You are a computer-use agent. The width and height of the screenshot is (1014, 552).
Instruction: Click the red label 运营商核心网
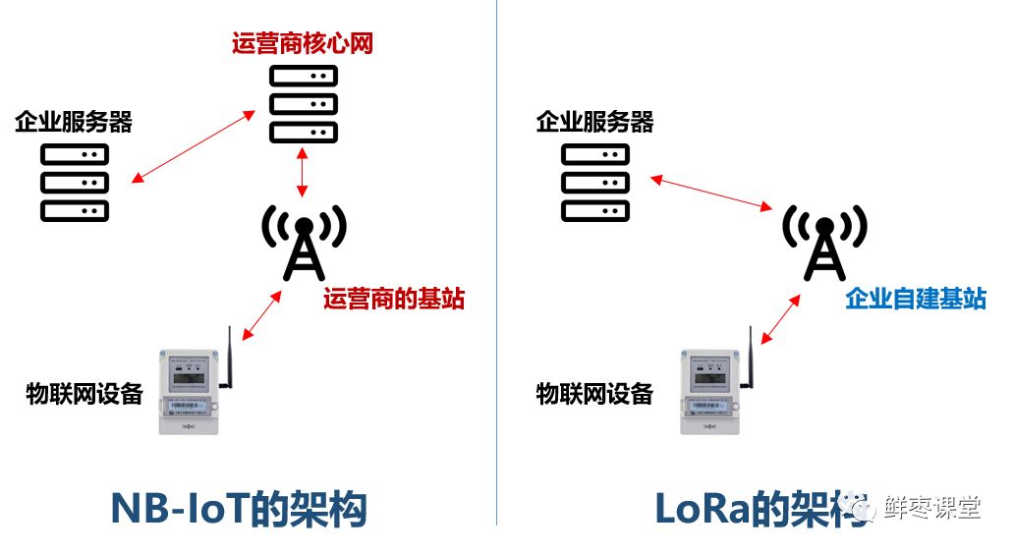pyautogui.click(x=302, y=43)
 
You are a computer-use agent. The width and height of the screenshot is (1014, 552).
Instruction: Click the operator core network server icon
pyautogui.click(x=303, y=104)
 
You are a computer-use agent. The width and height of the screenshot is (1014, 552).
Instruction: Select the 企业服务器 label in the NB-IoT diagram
pyautogui.click(x=74, y=122)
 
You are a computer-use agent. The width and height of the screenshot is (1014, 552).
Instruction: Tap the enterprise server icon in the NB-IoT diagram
pyautogui.click(x=75, y=183)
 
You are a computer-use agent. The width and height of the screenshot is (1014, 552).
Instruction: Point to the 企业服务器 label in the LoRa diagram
pyautogui.click(x=594, y=122)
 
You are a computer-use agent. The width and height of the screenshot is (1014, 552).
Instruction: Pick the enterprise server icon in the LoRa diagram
pyautogui.click(x=595, y=183)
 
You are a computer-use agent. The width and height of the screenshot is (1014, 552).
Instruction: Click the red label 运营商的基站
pyautogui.click(x=394, y=299)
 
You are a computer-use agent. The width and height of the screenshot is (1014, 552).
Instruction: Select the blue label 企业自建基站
pyautogui.click(x=915, y=299)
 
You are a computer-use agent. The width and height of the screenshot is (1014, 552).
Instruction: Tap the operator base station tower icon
pyautogui.click(x=304, y=242)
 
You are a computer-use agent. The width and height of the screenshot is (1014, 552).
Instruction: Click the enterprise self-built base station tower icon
pyautogui.click(x=824, y=242)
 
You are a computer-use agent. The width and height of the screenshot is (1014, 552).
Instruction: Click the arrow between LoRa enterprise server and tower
pyautogui.click(x=710, y=193)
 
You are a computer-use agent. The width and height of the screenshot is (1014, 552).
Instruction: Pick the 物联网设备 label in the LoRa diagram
pyautogui.click(x=594, y=394)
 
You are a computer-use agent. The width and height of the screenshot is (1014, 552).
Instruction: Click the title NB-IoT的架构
pyautogui.click(x=239, y=509)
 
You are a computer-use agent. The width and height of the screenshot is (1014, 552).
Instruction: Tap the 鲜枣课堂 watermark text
pyautogui.click(x=932, y=508)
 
